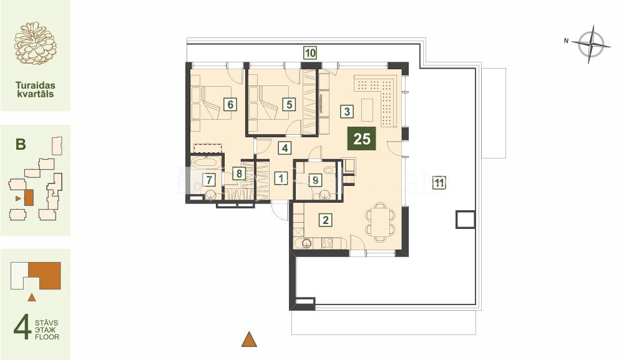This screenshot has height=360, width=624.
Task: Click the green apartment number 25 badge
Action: click(x=362, y=139)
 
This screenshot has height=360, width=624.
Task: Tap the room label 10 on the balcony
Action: click(x=310, y=52)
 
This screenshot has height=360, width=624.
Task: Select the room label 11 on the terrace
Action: click(x=439, y=183)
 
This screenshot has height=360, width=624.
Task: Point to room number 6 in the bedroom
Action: click(x=230, y=105)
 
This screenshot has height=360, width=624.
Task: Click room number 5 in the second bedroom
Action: click(x=289, y=105)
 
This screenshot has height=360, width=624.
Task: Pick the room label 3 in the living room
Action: click(x=347, y=112)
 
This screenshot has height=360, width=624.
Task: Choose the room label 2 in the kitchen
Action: click(x=326, y=220)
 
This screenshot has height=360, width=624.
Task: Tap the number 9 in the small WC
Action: click(x=315, y=180)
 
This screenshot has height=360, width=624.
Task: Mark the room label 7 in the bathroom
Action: click(x=209, y=180)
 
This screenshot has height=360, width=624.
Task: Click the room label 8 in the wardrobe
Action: click(x=239, y=173)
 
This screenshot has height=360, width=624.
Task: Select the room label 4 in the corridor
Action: click(x=285, y=148)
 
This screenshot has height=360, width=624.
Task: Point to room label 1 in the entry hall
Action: click(x=281, y=178)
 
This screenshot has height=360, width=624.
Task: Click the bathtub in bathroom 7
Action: click(x=204, y=162)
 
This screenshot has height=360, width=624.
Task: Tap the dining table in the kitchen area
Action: click(x=381, y=222)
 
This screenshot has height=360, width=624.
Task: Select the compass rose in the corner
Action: click(x=592, y=44)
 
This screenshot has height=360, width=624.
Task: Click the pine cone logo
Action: click(x=36, y=43)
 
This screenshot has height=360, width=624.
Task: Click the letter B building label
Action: click(x=21, y=144)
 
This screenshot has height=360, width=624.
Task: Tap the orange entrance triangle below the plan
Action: click(x=249, y=339)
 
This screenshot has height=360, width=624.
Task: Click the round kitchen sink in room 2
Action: click(x=306, y=243)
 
